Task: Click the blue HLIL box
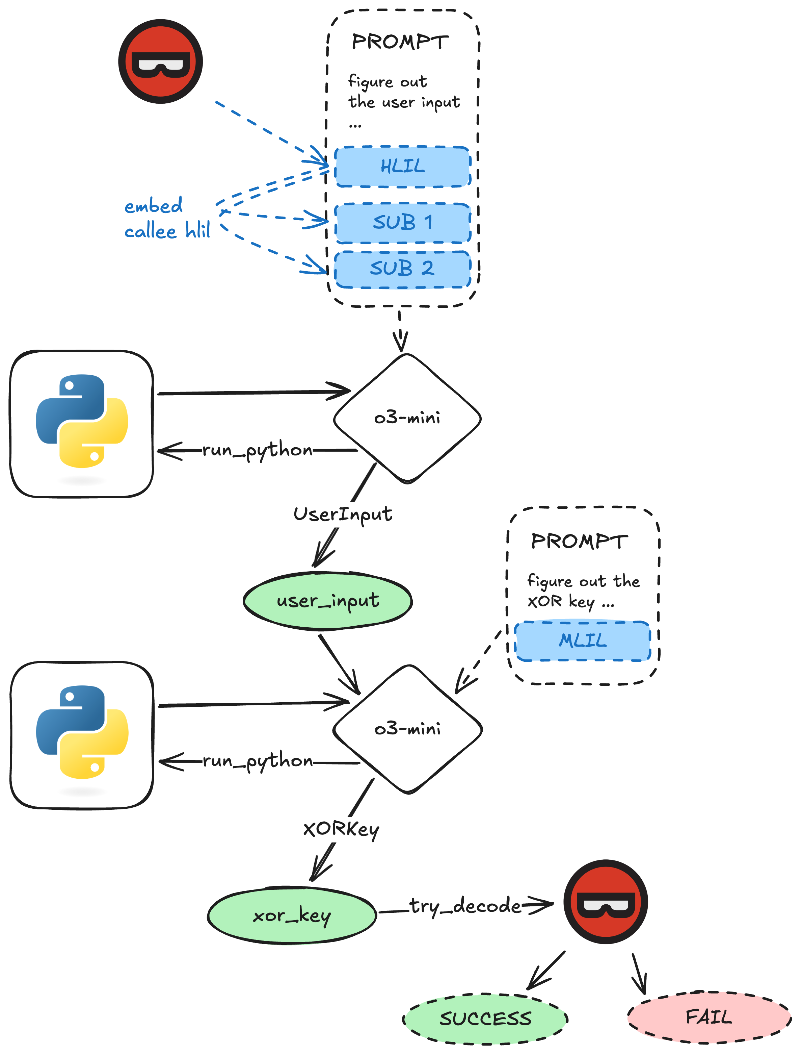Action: (403, 167)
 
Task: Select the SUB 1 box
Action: (403, 222)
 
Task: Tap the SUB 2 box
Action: (403, 269)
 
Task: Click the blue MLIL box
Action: (583, 641)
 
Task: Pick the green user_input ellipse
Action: (328, 601)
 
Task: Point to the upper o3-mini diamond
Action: (407, 418)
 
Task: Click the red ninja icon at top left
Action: (161, 61)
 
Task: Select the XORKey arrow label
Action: (341, 829)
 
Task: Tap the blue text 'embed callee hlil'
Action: (167, 219)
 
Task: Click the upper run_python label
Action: (258, 450)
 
